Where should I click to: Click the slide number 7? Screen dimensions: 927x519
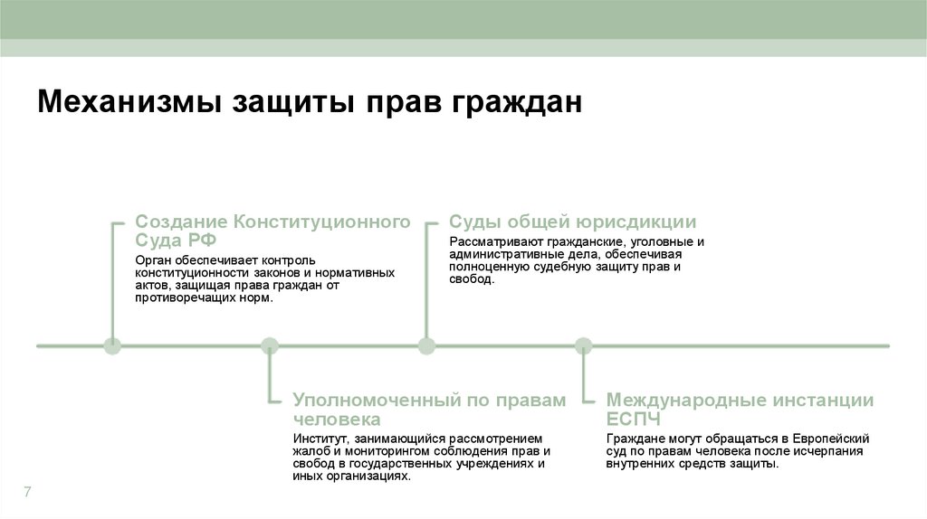[27, 492]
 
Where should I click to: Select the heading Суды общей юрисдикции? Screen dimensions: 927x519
[572, 222]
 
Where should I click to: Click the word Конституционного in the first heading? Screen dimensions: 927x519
[322, 222]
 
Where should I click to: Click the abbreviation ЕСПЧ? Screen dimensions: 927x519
[634, 420]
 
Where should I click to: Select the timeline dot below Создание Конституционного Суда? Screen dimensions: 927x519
[112, 345]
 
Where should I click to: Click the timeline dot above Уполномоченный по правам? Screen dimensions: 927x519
[270, 345]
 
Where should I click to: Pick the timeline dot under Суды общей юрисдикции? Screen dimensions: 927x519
[426, 345]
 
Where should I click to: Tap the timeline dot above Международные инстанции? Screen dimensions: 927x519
[584, 345]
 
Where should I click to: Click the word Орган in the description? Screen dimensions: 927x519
[151, 260]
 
